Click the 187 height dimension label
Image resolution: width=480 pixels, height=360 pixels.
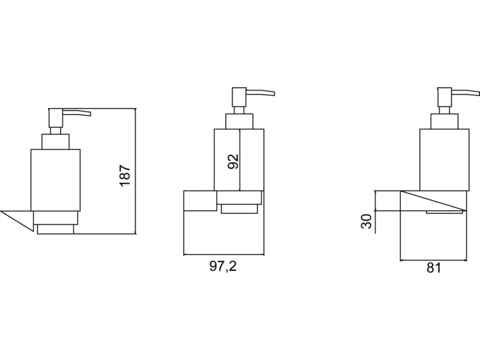click(x=125, y=176)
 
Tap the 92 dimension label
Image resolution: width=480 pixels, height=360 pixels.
click(x=233, y=162)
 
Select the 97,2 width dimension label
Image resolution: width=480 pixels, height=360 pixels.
click(x=223, y=266)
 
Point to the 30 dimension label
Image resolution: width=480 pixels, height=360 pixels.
click(x=366, y=221)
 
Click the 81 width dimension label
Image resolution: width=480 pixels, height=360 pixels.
click(x=433, y=268)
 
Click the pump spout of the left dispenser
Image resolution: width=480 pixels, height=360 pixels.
click(x=77, y=113)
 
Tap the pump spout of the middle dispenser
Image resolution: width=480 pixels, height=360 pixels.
click(x=260, y=92)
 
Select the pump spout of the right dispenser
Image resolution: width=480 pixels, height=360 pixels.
click(x=466, y=92)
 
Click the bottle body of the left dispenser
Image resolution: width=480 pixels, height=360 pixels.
click(x=55, y=180)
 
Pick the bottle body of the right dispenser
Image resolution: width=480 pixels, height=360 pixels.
click(x=444, y=160)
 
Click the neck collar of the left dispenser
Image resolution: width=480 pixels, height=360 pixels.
click(x=55, y=141)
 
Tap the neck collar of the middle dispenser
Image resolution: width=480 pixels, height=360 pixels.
click(x=240, y=121)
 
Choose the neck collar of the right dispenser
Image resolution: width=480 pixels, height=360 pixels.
click(x=444, y=121)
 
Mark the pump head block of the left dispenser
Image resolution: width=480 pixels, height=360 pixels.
click(x=55, y=118)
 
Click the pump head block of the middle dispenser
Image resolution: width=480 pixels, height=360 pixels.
click(x=239, y=97)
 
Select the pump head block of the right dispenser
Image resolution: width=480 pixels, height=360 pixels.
click(x=444, y=97)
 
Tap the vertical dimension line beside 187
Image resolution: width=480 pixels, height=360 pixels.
click(x=135, y=171)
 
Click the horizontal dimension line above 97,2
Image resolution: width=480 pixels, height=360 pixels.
click(x=224, y=255)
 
